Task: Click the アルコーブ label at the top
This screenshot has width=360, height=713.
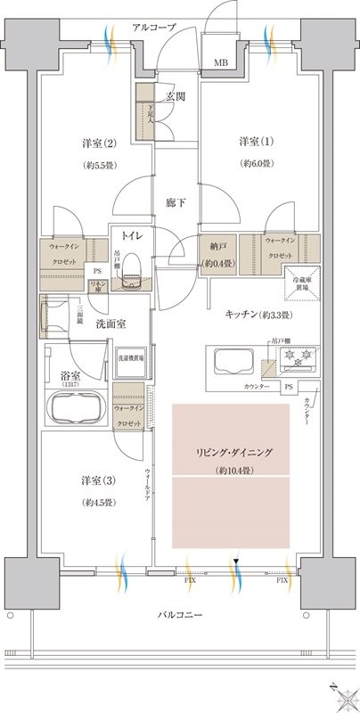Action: (153, 28)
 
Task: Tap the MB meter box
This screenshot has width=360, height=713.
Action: (219, 63)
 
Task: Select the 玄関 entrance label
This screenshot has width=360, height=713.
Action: (174, 96)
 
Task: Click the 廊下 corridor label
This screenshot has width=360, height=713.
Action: (175, 203)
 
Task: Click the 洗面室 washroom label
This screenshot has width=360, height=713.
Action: (110, 326)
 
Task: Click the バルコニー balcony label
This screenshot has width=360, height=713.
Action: (183, 616)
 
